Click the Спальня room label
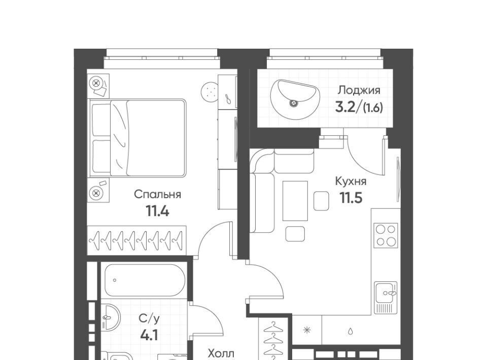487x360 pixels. (x=157, y=195)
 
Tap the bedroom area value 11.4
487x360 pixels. (x=157, y=211)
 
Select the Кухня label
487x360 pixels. (x=351, y=182)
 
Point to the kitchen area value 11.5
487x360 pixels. (x=351, y=198)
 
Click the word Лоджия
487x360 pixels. (x=359, y=90)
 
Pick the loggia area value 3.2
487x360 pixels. (x=345, y=107)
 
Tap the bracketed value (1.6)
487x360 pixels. (x=373, y=107)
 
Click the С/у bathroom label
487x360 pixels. (x=149, y=319)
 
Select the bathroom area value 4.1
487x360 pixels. (x=149, y=336)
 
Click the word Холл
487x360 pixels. (x=221, y=353)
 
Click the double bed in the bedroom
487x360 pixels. (x=137, y=138)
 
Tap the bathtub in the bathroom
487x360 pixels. (x=145, y=280)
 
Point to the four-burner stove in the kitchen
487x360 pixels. (x=386, y=235)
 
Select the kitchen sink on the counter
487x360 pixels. (x=386, y=298)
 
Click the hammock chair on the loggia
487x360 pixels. (x=295, y=99)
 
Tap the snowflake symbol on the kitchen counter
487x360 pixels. (x=307, y=330)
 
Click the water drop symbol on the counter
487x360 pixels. (x=351, y=332)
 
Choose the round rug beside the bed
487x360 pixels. (x=210, y=92)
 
